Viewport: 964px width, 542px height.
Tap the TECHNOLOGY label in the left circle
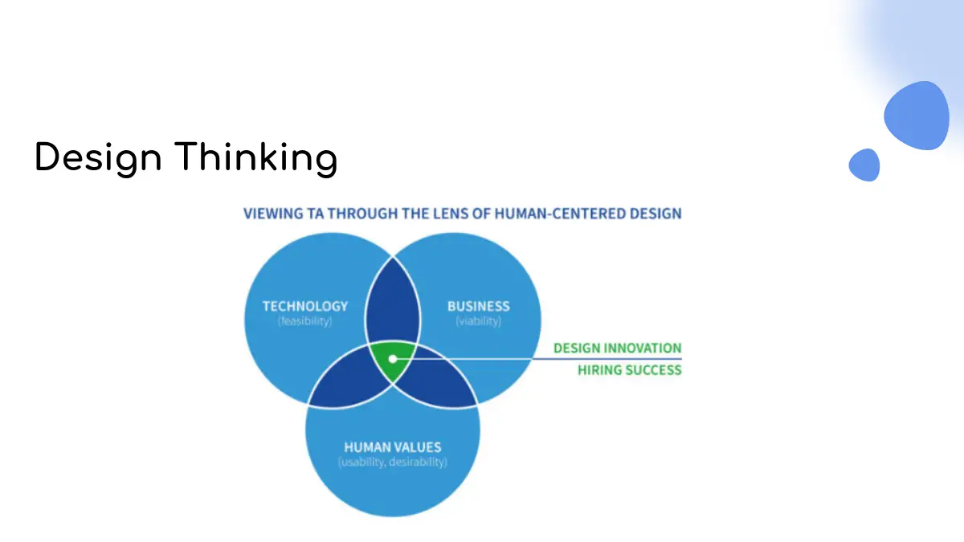pos(305,306)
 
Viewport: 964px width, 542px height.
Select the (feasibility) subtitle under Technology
pos(305,321)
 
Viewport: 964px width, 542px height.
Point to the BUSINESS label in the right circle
pos(479,306)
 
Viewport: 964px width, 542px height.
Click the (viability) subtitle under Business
pos(479,321)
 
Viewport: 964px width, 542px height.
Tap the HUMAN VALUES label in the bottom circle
pos(393,447)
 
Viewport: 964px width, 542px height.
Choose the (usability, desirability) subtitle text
pos(393,463)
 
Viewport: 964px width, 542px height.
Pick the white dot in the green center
pos(393,359)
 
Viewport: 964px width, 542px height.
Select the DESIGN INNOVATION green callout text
pos(617,348)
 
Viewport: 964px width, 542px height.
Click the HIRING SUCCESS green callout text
pos(629,370)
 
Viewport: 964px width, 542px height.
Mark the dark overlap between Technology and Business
pos(393,305)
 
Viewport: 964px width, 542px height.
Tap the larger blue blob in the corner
pos(917,116)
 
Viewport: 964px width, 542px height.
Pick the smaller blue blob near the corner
pos(864,165)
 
